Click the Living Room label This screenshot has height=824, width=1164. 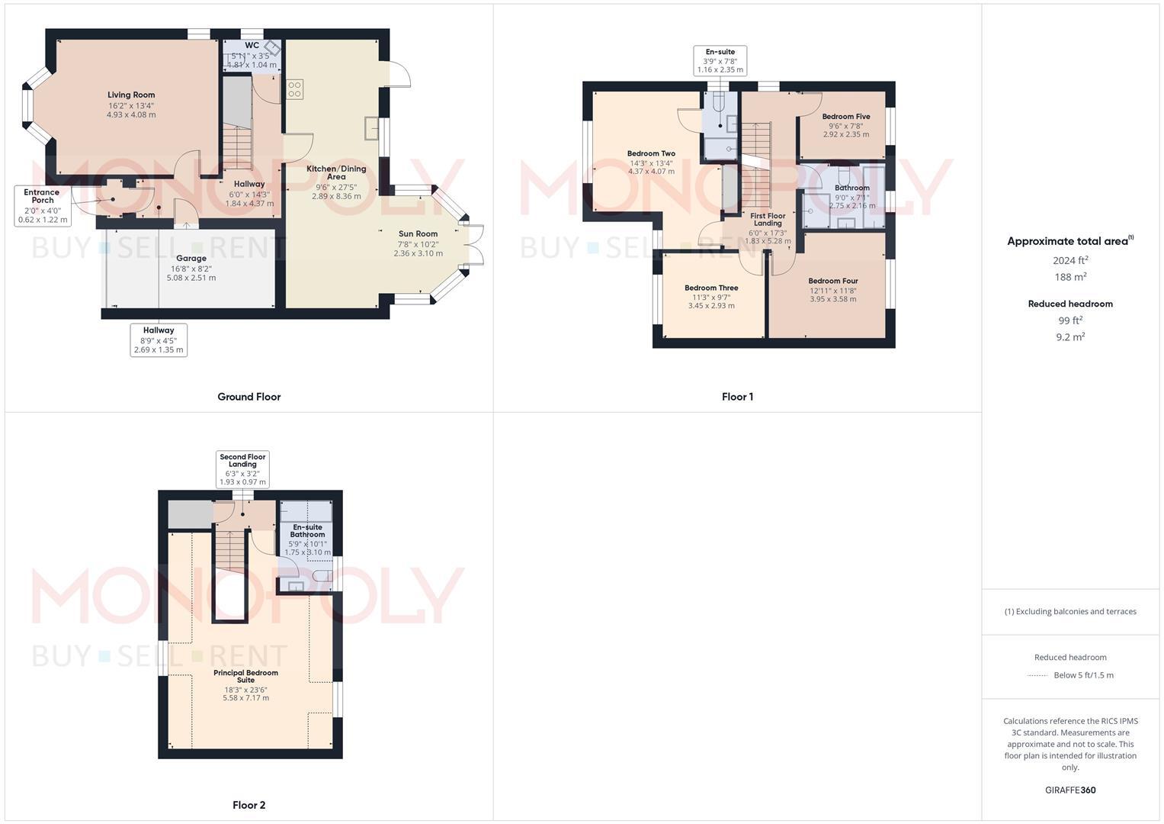click(131, 95)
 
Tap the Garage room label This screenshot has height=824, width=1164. click(191, 259)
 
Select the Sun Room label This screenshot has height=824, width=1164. click(418, 234)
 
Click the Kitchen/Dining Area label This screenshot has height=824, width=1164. click(336, 172)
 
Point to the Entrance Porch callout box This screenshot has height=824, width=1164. click(43, 206)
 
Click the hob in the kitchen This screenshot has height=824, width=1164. click(295, 89)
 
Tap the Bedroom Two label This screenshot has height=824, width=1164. click(651, 153)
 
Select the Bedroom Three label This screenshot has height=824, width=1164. click(711, 288)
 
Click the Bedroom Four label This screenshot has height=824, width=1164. click(833, 281)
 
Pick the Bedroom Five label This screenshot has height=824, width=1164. click(846, 117)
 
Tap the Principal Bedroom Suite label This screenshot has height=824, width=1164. click(245, 676)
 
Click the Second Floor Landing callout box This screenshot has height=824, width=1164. click(243, 469)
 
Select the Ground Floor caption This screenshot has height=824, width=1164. click(249, 397)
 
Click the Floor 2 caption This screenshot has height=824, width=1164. click(249, 805)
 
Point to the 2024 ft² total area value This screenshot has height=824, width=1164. click(1070, 260)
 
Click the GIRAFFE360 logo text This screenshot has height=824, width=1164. click(1070, 790)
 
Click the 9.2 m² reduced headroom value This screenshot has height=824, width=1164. click(1070, 336)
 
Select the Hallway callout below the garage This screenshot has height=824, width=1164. click(159, 340)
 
